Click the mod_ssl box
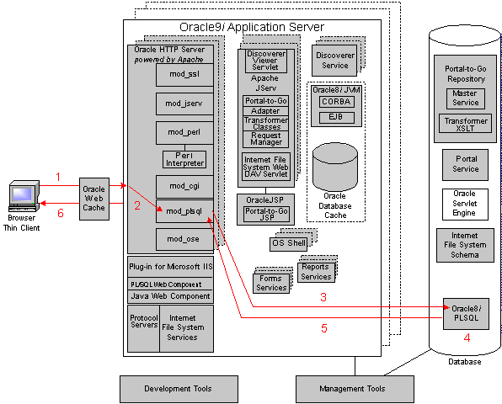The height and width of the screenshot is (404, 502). tap(184, 75)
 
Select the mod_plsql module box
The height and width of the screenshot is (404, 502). tap(184, 211)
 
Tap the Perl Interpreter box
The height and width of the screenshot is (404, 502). tap(184, 160)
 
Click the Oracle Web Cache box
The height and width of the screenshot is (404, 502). tap(94, 199)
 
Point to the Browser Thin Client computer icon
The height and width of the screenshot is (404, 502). tap(24, 196)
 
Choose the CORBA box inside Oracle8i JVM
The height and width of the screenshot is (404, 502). tap(336, 102)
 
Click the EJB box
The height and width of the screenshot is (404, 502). tap(336, 117)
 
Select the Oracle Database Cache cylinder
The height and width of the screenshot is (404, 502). tap(335, 167)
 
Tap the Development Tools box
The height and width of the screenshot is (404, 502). tap(179, 389)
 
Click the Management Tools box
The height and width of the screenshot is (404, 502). tap(355, 389)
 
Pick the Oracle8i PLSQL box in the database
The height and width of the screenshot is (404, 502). tap(466, 314)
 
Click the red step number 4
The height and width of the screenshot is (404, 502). tap(467, 338)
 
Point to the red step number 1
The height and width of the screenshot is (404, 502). tap(58, 177)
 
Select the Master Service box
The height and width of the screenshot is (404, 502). tap(466, 98)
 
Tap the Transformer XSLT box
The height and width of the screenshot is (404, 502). tap(465, 124)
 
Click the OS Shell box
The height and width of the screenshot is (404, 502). tap(288, 244)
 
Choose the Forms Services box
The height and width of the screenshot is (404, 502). tap(271, 284)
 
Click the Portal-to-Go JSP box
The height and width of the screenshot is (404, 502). tap(266, 215)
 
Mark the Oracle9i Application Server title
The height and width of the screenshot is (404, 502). tap(252, 27)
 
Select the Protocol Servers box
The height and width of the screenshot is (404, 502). tap(144, 328)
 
